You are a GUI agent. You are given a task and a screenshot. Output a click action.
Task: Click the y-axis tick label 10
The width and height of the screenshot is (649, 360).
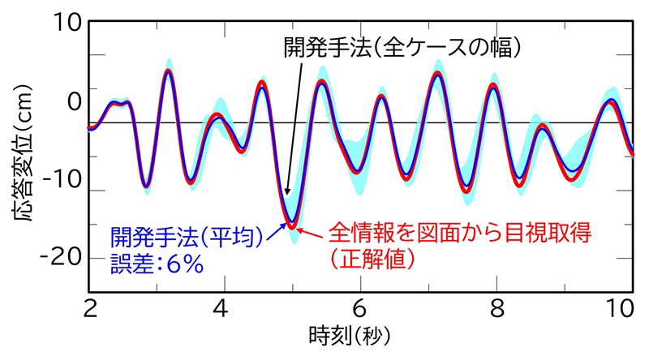tap(68, 24)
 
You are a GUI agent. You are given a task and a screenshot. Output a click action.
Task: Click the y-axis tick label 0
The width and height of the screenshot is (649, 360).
tap(74, 102)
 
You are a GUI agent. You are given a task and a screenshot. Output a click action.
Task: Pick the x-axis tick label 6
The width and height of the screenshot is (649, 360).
tap(360, 309)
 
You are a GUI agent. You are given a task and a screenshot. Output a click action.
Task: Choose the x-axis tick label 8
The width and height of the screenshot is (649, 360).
tap(496, 309)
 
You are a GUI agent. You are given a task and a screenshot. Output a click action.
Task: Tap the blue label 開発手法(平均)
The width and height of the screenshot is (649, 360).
tap(189, 236)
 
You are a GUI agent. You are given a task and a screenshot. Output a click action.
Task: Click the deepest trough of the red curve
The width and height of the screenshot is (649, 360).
tap(292, 226)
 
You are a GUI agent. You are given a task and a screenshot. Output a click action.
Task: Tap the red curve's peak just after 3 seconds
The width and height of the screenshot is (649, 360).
tap(168, 71)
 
